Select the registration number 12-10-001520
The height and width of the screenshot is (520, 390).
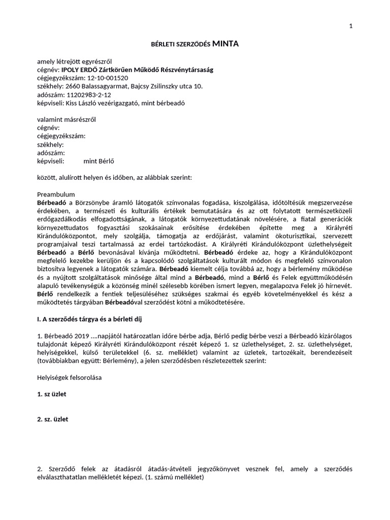(108, 78)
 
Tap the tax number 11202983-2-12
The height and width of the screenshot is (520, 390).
(88, 94)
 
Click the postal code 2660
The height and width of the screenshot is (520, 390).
(73, 86)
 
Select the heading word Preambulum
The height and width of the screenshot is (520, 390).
(56, 194)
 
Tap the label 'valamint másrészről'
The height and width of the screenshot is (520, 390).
(67, 119)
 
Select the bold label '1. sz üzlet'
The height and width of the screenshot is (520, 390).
(52, 395)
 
